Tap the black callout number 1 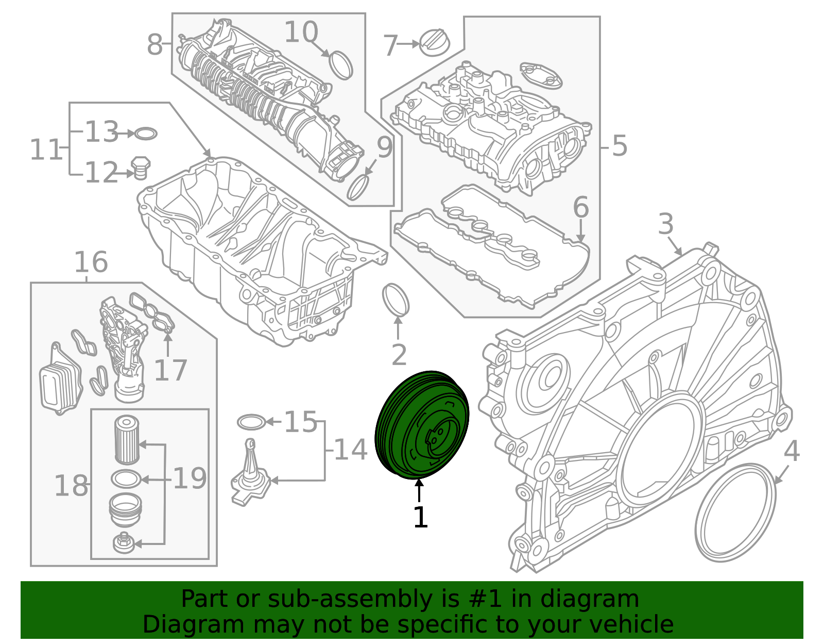click(x=420, y=518)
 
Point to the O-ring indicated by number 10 click(x=340, y=64)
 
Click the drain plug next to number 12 click(x=141, y=168)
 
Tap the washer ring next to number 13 click(x=146, y=134)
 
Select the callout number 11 click(x=45, y=150)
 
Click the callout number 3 click(x=665, y=224)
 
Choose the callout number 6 click(x=580, y=207)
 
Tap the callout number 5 click(x=620, y=146)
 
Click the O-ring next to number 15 click(x=251, y=422)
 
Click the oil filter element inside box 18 click(x=126, y=439)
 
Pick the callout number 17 click(x=170, y=370)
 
